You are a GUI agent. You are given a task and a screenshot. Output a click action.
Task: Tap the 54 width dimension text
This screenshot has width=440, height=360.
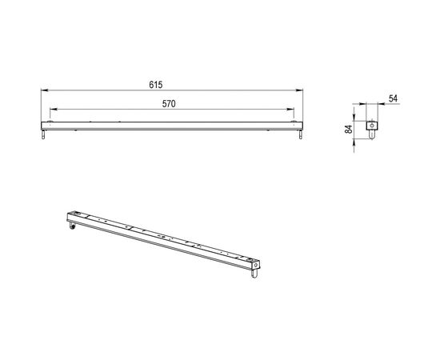click(x=393, y=98)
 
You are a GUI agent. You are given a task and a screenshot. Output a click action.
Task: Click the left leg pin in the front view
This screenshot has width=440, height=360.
click(x=42, y=137)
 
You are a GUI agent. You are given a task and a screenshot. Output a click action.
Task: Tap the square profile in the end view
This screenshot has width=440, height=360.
click(x=371, y=126)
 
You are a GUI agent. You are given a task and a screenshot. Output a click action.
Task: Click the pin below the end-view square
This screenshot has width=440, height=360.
click(x=371, y=136)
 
